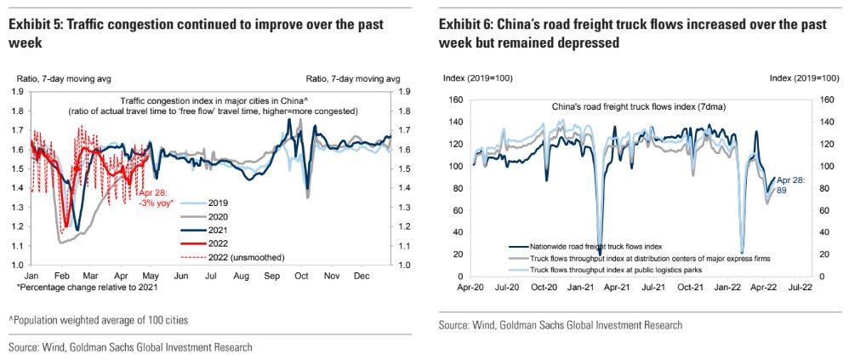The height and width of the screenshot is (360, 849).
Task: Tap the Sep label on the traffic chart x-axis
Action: point(272,277)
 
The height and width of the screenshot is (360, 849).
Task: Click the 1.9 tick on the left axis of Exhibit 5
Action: point(17,92)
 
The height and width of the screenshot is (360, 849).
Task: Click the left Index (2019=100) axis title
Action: point(477,78)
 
